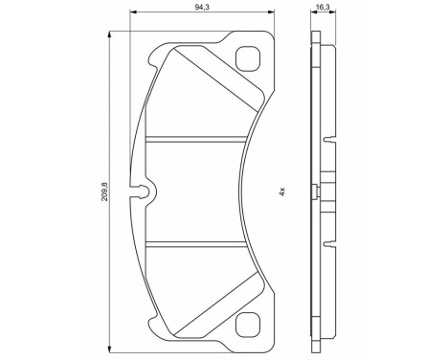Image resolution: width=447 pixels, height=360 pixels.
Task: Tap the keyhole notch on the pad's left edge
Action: coord(145,192)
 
